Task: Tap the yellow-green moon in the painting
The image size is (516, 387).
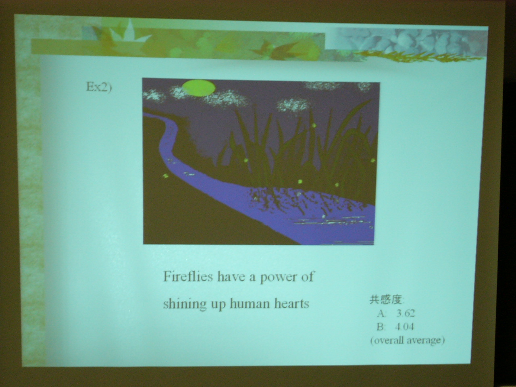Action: pyautogui.click(x=199, y=88)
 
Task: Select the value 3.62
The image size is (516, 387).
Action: pyautogui.click(x=406, y=314)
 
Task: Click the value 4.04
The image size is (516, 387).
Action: pyautogui.click(x=404, y=327)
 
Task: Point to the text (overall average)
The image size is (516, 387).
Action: pyautogui.click(x=408, y=340)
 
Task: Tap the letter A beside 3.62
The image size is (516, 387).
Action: pyautogui.click(x=381, y=314)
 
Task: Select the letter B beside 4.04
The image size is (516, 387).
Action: pyautogui.click(x=381, y=327)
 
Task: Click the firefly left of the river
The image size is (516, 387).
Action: pyautogui.click(x=166, y=175)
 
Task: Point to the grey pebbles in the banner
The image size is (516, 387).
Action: pyautogui.click(x=407, y=43)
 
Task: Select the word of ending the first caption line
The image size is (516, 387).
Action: pyautogui.click(x=308, y=276)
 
